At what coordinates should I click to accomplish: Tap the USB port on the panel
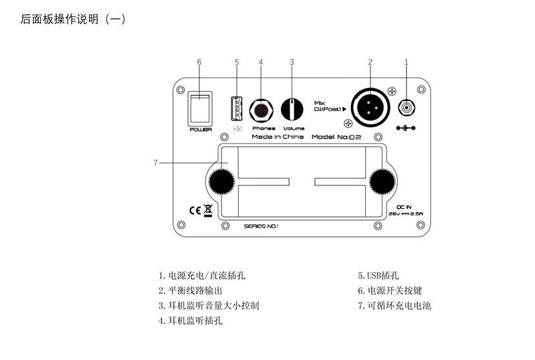236,106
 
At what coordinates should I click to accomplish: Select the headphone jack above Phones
261,109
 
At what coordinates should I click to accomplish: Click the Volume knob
292,108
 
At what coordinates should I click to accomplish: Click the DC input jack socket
406,108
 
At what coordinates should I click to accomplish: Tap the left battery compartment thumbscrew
219,181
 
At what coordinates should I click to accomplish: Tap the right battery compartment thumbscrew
382,181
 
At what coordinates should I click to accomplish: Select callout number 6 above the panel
199,62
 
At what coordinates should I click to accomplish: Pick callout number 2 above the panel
370,62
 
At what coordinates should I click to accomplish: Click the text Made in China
277,137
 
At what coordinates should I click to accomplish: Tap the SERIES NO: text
261,226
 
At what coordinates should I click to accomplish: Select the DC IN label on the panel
405,207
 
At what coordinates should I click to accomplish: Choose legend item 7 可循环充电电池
395,306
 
